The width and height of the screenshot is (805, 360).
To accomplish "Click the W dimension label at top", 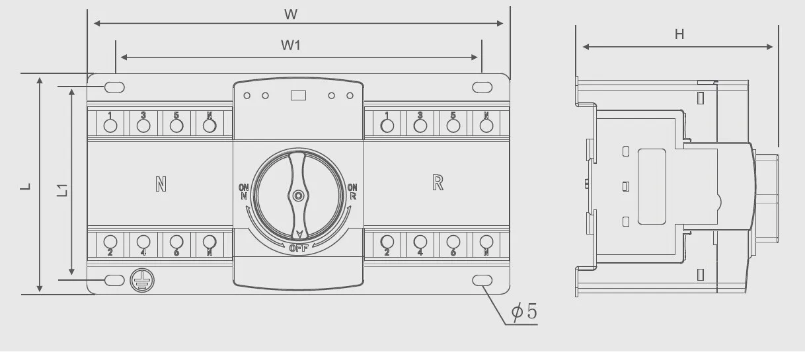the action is pos(291,15).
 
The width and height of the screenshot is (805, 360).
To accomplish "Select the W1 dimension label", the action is pos(290,46).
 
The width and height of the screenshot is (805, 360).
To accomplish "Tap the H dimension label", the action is pos(679,34).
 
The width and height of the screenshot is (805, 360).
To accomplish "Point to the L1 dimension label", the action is pos(63,190).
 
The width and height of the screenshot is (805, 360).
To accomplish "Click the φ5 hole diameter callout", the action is pos(524,311).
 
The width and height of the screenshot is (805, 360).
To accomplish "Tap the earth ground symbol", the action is pos(142,281).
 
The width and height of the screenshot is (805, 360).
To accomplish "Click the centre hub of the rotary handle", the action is pos(298,196).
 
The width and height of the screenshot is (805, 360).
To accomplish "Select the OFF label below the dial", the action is pos(299,248).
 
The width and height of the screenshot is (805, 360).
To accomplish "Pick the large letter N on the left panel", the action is pos(161,184).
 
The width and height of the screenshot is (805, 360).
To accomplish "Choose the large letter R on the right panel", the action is pos(438,182).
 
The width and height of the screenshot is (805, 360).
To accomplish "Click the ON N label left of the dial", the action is pos(244,192).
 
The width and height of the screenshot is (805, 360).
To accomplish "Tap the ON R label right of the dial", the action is pos(352,192).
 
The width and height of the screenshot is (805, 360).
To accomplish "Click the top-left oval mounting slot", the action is pos(114,87).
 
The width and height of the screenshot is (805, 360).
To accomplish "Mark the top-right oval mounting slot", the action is pos(482,87).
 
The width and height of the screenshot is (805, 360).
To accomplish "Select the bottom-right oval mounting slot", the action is pos(482,281).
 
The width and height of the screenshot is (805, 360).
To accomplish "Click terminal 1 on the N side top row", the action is pos(110,126).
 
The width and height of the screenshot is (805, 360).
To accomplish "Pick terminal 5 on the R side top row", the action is pos(453,126).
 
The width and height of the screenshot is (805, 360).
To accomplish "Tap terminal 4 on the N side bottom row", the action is pos(143,242).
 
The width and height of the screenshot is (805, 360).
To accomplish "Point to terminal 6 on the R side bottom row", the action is pos(453,242).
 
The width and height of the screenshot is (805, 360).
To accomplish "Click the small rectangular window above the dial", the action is pos(298,96).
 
